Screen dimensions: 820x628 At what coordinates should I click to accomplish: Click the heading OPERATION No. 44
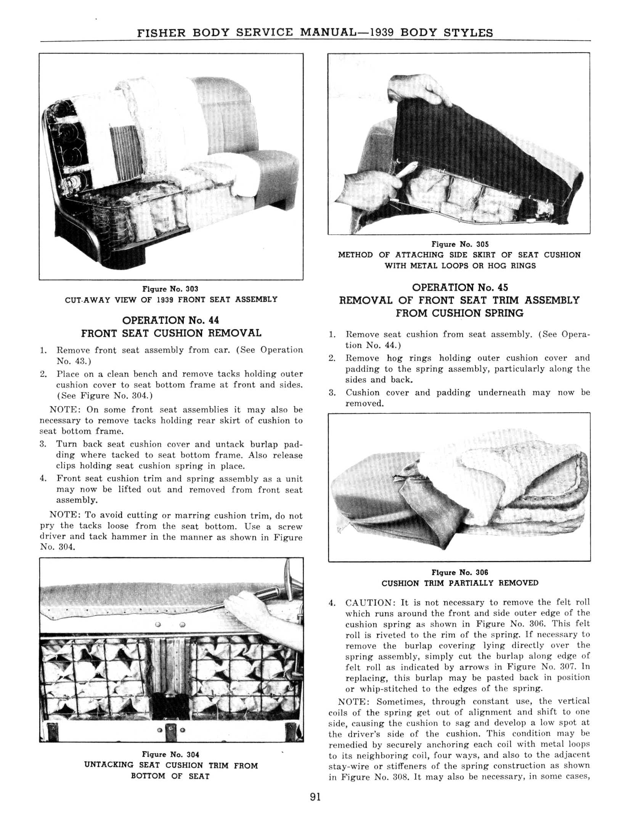(170, 320)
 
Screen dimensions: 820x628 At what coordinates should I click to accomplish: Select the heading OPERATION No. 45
(460, 288)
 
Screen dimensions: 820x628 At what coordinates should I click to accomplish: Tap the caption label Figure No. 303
(170, 289)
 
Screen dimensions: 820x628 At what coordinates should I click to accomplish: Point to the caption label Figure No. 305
(460, 244)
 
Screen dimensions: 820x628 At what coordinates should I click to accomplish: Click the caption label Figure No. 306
(459, 572)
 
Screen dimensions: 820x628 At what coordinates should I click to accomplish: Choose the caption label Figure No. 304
(170, 754)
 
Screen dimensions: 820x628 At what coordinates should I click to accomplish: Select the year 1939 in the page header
(382, 32)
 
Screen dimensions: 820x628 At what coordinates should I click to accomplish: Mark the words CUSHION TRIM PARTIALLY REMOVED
(460, 583)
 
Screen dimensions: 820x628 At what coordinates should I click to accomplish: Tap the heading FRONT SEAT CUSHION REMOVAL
(171, 333)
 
